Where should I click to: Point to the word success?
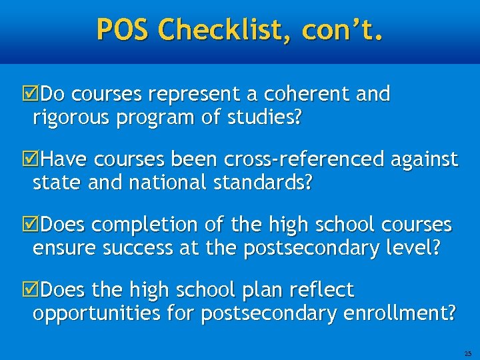138,249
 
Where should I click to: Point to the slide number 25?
467,353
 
